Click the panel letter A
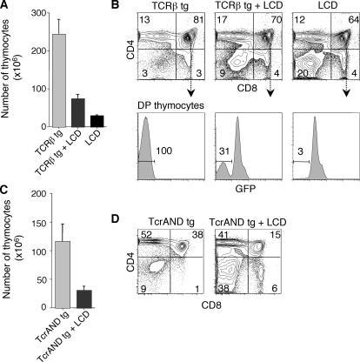(x=6, y=7)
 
